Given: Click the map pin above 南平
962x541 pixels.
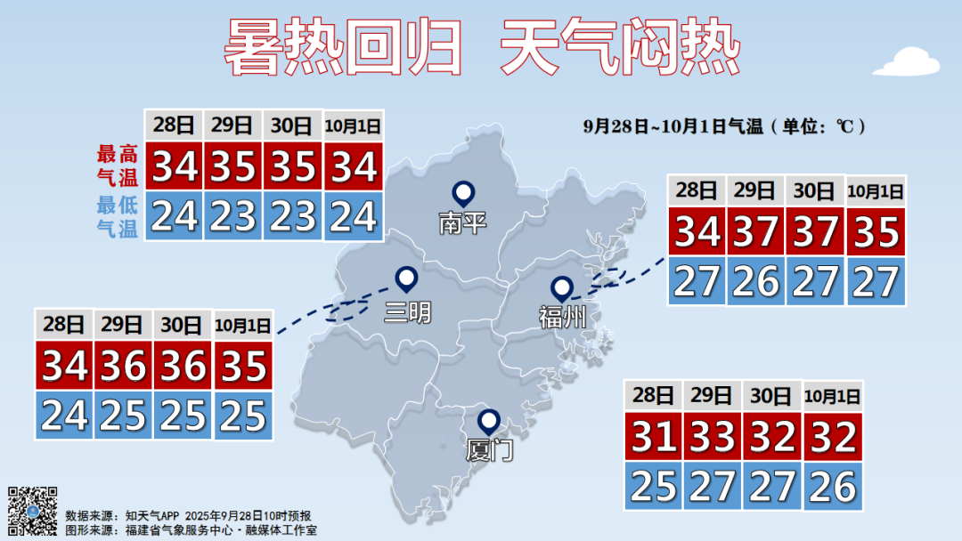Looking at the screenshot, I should click(x=463, y=192).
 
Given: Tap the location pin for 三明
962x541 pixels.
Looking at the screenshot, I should click(x=407, y=280).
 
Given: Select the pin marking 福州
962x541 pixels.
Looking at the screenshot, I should click(x=561, y=288).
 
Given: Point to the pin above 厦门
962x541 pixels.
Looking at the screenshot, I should click(x=488, y=421).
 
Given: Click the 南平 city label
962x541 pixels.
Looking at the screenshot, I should click(x=463, y=222).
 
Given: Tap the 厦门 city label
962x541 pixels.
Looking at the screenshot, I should click(x=489, y=449).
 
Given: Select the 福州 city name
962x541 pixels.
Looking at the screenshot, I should click(x=562, y=316).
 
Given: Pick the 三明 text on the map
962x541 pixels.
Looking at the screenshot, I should click(x=407, y=311).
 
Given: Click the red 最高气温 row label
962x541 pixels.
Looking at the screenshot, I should click(x=117, y=165).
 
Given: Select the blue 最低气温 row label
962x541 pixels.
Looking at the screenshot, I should click(x=117, y=216).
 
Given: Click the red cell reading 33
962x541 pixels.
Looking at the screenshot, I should click(x=713, y=437).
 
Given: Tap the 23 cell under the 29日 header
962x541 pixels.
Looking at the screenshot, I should click(x=233, y=216).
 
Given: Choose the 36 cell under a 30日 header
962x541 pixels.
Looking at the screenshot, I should click(x=183, y=366).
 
